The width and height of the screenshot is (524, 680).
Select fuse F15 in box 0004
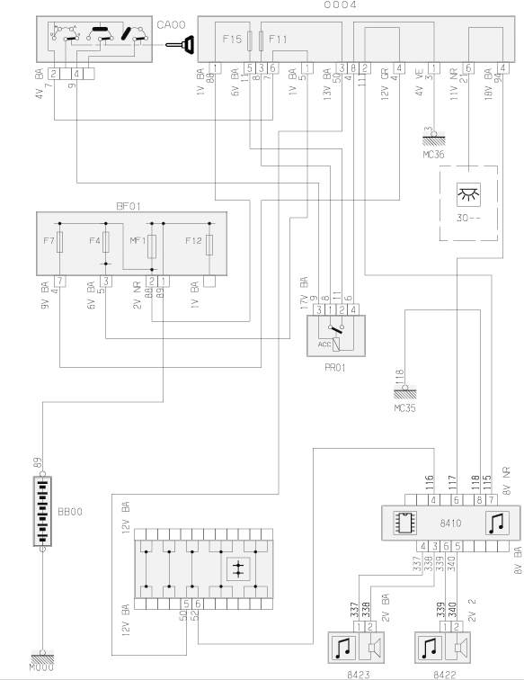tap(247, 40)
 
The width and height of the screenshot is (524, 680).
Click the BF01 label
tap(128, 206)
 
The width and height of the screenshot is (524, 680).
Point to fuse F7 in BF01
tap(59, 242)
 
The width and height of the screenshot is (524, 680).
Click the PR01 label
tap(334, 368)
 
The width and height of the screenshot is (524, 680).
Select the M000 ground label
tap(42, 669)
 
